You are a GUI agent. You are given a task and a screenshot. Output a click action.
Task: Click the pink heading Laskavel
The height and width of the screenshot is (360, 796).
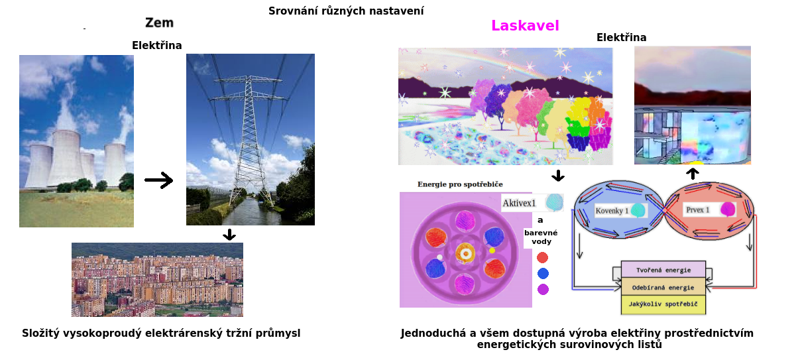point(525,26)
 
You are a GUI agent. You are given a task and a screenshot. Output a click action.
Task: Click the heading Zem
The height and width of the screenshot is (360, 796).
point(159,23)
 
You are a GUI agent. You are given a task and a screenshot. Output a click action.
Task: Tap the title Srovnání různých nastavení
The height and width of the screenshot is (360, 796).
point(346,11)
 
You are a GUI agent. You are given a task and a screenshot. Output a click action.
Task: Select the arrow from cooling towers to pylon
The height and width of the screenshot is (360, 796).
point(159,180)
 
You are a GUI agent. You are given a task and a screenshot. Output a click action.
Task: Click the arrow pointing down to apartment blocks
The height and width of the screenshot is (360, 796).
point(229,235)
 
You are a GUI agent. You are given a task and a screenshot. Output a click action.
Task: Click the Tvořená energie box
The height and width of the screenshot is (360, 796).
point(663,270)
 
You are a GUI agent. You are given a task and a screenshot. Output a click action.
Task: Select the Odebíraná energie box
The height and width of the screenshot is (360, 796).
point(663,287)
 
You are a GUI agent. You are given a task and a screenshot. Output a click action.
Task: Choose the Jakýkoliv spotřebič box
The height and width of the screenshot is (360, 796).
point(663,304)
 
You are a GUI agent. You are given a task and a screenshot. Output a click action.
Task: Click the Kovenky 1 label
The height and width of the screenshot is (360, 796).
point(612,211)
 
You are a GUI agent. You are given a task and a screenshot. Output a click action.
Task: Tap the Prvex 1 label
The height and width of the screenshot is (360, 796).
point(697,210)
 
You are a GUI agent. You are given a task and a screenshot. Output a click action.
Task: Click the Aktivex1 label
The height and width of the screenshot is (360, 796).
point(519,203)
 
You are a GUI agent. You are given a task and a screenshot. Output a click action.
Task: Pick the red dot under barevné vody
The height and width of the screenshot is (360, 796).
point(542,257)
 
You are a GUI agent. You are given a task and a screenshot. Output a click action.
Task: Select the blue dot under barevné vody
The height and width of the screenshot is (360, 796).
point(543,273)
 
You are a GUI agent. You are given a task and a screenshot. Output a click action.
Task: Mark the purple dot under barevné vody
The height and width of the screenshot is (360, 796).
point(543,289)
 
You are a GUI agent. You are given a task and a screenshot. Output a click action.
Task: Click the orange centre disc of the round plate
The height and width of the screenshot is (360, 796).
point(465,254)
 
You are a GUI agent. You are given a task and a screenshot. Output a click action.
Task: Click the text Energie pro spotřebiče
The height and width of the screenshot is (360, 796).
point(460,184)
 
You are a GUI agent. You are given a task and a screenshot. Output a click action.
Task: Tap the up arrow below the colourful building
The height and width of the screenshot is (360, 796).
point(692,174)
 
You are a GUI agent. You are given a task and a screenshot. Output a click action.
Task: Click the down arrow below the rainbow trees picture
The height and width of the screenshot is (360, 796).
point(558,176)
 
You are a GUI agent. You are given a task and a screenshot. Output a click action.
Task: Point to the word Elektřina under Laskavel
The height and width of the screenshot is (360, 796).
point(621,37)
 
